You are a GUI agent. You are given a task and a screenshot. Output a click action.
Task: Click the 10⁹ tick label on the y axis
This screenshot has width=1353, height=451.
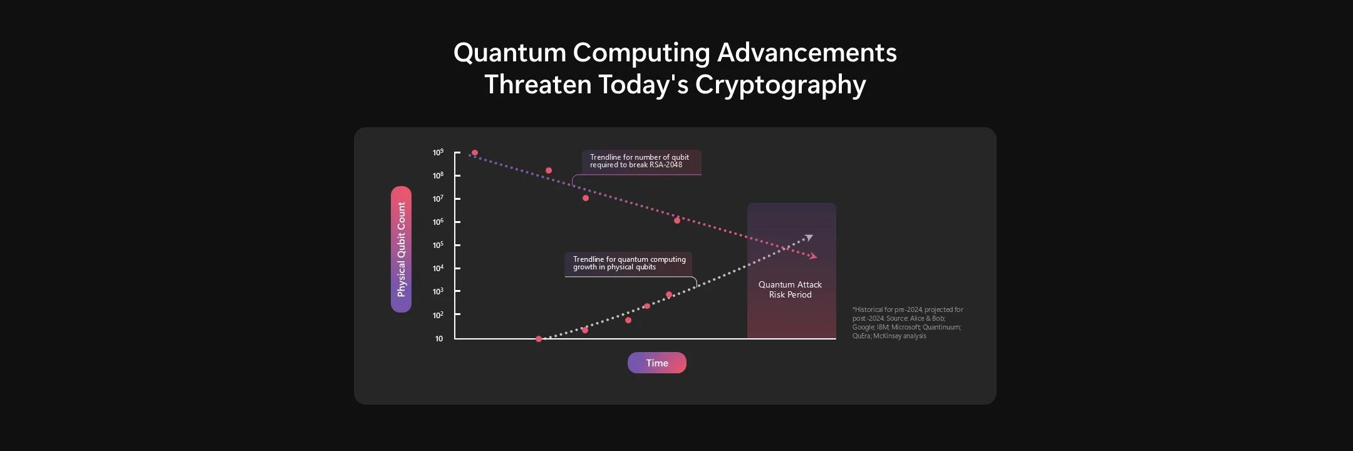438,153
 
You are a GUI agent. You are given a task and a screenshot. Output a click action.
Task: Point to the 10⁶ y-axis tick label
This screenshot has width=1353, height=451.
438,222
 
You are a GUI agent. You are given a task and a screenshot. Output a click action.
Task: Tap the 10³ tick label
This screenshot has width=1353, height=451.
438,292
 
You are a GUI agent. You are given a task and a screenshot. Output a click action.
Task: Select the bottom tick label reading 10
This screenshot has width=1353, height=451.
439,339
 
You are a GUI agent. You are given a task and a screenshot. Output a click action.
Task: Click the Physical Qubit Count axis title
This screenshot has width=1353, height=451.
402,249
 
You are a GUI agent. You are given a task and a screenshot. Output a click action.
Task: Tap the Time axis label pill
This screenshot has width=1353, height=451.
657,363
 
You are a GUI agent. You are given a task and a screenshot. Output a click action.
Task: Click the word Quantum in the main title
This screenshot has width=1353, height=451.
509,53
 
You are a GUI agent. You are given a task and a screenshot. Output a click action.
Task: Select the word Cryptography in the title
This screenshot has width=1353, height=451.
780,85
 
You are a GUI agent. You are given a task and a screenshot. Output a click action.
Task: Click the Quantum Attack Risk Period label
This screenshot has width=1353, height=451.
790,289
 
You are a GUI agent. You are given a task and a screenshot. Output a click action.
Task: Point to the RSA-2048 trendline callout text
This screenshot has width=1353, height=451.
639,161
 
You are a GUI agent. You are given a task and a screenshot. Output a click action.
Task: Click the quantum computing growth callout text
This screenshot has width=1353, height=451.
629,263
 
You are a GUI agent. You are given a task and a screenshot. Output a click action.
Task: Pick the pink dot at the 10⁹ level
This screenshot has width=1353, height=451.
475,153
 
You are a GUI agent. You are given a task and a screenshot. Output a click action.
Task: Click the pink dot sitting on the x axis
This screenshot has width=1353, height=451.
539,339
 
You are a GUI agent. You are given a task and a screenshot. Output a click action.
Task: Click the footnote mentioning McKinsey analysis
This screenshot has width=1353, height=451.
907,323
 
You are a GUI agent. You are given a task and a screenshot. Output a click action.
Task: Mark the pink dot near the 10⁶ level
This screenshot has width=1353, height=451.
677,220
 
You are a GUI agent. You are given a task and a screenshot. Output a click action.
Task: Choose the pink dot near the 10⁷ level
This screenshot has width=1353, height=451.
586,198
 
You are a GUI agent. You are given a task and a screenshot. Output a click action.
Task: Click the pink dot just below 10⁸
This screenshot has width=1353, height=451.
549,170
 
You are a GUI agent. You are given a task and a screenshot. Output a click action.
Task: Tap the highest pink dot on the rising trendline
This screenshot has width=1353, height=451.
669,294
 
